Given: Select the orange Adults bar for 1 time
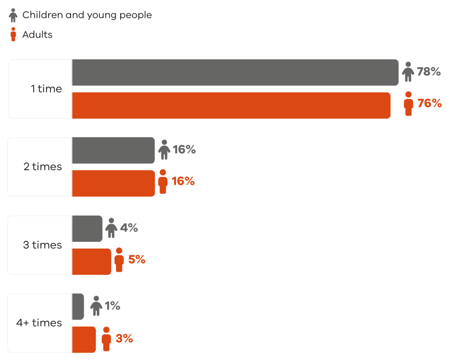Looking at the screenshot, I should point(231,106).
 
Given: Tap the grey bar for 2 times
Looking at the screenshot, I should point(113,150).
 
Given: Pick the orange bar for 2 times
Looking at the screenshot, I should point(113,183).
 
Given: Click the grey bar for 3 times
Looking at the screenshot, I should point(87,229).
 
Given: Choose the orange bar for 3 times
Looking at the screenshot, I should point(91,261).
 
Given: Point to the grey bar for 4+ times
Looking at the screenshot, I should point(78,307).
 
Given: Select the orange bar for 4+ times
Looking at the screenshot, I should point(84,339).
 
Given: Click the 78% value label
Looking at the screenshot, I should point(429,72).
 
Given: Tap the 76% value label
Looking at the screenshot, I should point(429,103).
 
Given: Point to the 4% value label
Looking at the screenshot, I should point(129,228).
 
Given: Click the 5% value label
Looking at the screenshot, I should point(137,259).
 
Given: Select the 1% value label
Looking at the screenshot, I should point(112,306).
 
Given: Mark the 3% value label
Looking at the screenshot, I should point(124,339).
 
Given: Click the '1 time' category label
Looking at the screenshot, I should point(46,89).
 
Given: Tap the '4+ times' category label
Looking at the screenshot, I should point(39,323).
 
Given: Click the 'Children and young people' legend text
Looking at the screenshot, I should point(87,15).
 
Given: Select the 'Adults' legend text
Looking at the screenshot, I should point(37,35).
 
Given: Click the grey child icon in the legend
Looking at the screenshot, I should point(13,15).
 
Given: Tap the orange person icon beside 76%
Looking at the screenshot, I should point(408,103).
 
